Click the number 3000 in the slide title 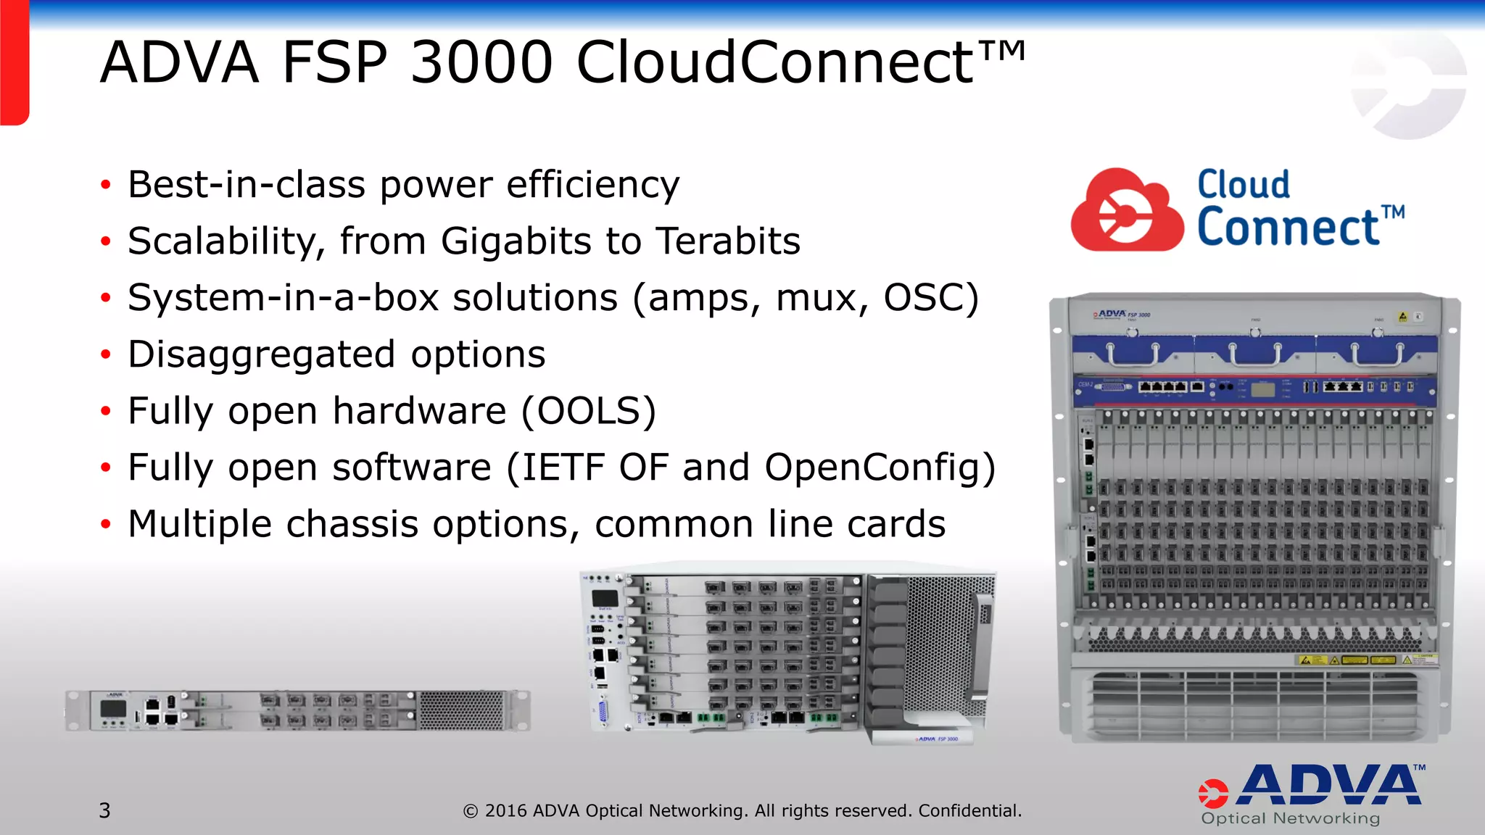pyautogui.click(x=481, y=62)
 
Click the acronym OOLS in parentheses pyautogui.click(x=587, y=411)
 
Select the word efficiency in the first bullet pyautogui.click(x=592, y=185)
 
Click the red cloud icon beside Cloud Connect pyautogui.click(x=1126, y=210)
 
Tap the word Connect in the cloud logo pyautogui.click(x=1288, y=228)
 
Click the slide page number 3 pyautogui.click(x=105, y=810)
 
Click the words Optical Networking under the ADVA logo pyautogui.click(x=1291, y=819)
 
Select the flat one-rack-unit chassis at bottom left pyautogui.click(x=297, y=710)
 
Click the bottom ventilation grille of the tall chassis pyautogui.click(x=1254, y=703)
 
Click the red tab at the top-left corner pyautogui.click(x=14, y=62)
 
